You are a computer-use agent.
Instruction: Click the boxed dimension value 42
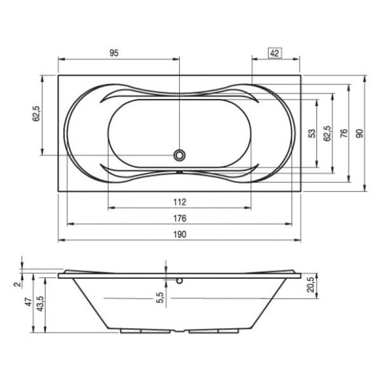pyautogui.click(x=275, y=53)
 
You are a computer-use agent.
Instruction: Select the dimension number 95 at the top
pyautogui.click(x=114, y=53)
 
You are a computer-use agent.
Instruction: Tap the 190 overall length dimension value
pyautogui.click(x=180, y=234)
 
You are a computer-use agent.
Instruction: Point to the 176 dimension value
pyautogui.click(x=180, y=219)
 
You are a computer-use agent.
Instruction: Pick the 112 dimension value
pyautogui.click(x=180, y=202)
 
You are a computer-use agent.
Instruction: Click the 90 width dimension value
pyautogui.click(x=360, y=133)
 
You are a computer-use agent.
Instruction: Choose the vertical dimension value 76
pyautogui.click(x=343, y=133)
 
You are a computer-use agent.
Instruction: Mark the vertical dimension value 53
pyautogui.click(x=312, y=133)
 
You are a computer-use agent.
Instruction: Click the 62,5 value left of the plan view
pyautogui.click(x=36, y=114)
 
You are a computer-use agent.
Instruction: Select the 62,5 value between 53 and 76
pyautogui.click(x=328, y=133)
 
